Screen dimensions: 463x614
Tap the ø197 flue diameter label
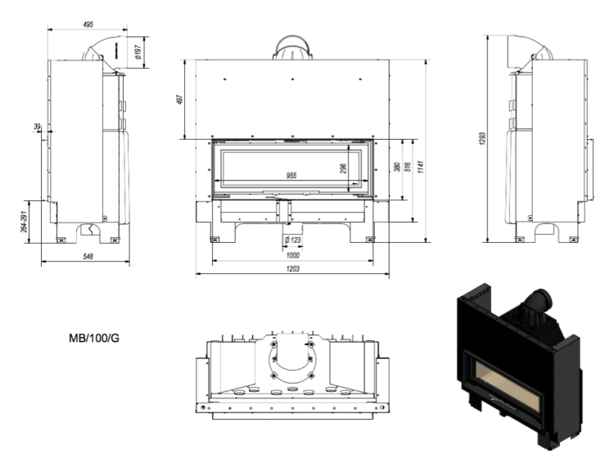(142, 52)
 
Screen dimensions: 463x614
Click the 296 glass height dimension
(343, 168)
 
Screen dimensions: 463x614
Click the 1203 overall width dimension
(292, 269)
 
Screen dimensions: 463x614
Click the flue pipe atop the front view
(292, 48)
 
